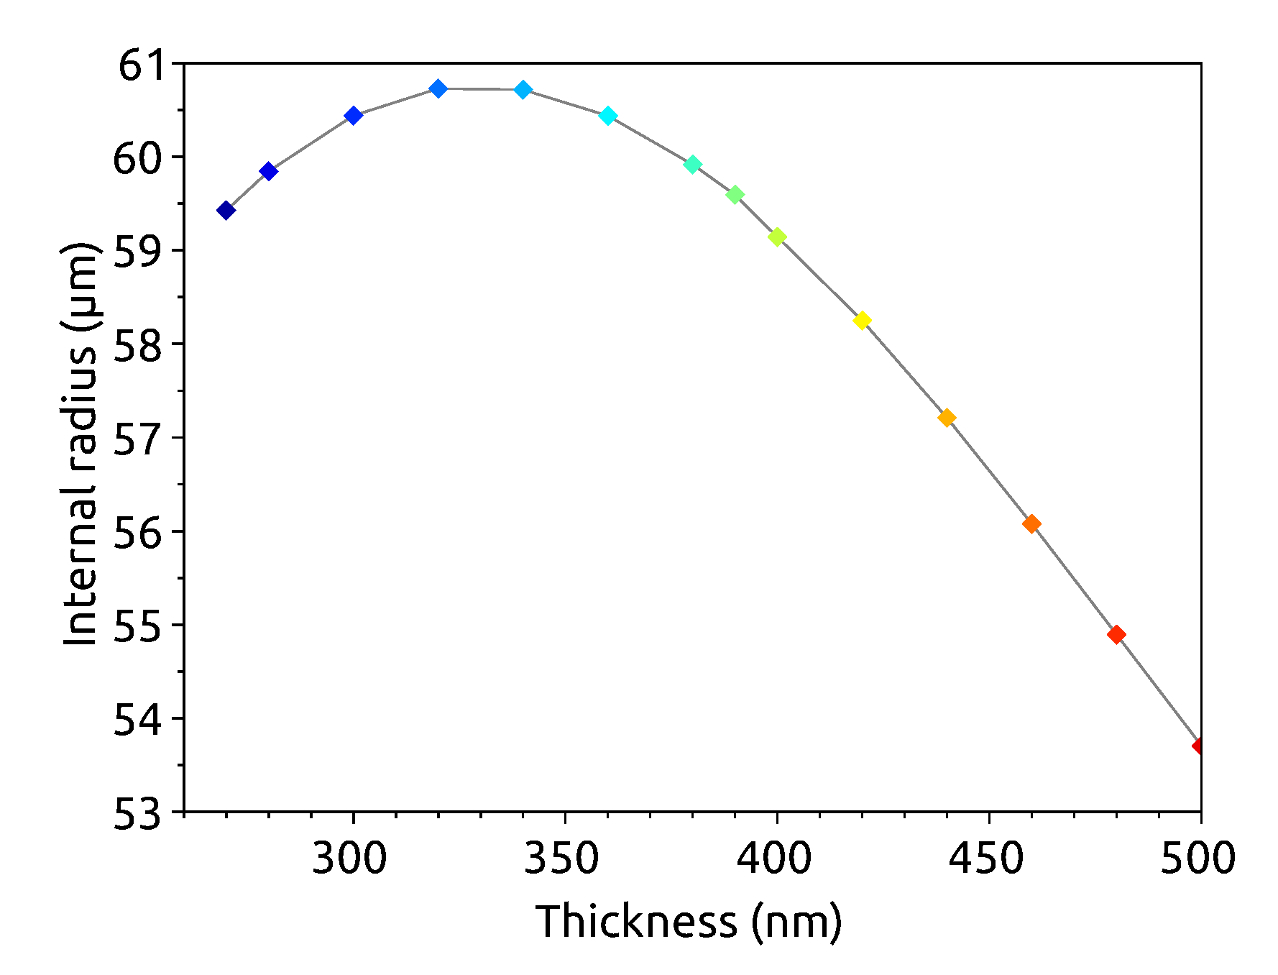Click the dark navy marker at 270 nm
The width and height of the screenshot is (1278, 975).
(x=226, y=211)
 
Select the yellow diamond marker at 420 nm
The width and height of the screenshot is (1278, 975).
(x=862, y=321)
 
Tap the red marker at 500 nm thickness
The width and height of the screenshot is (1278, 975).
(x=1199, y=746)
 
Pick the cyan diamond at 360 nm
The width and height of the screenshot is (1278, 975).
(x=608, y=116)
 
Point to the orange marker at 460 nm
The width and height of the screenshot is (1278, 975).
(x=1031, y=524)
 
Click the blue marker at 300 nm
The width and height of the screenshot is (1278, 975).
(x=353, y=116)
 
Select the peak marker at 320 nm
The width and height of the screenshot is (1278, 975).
(x=438, y=88)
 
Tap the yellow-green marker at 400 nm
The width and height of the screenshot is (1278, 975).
(x=777, y=237)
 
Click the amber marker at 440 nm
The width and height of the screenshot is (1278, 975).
(x=947, y=418)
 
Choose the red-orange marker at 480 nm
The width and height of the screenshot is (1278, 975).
(x=1116, y=635)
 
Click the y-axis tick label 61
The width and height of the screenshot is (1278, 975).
(x=146, y=66)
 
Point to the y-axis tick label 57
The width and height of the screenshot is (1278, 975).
(x=146, y=439)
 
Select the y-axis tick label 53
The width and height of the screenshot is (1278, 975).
(x=146, y=816)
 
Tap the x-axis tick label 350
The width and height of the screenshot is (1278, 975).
(x=561, y=859)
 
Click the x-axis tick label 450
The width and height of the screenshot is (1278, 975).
(x=986, y=859)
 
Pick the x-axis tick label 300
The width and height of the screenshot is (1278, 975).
(x=349, y=859)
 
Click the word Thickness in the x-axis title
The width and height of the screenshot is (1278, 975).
(x=636, y=921)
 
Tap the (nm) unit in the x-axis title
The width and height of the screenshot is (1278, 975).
(x=796, y=922)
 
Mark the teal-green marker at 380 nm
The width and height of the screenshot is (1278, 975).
(x=692, y=165)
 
